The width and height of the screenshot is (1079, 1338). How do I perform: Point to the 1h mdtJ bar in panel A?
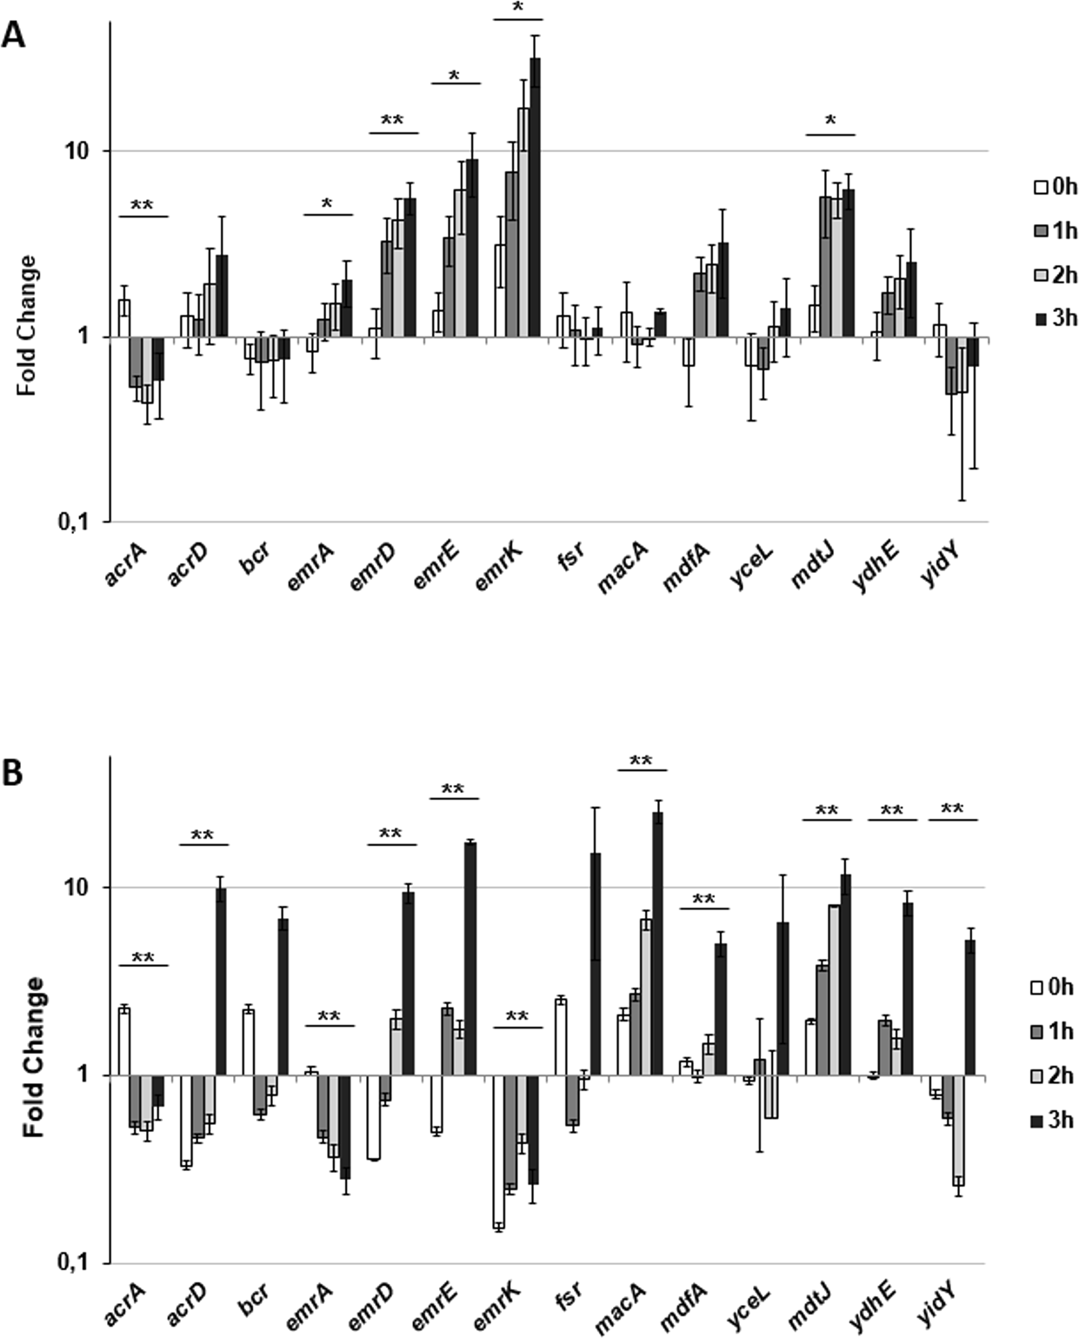[x=825, y=266]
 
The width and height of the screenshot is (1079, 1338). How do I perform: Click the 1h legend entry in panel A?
[x=1055, y=230]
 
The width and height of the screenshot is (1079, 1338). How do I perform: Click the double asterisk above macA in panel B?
[x=641, y=761]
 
